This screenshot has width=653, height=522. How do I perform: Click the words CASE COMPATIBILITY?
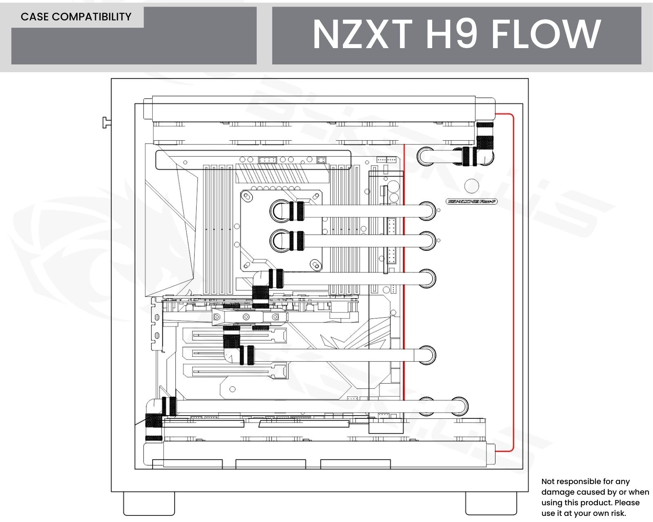tap(76, 17)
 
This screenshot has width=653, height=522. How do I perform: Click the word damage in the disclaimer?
tap(557, 492)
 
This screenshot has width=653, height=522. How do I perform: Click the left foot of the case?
tap(149, 503)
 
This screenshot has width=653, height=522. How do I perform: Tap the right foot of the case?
tap(491, 503)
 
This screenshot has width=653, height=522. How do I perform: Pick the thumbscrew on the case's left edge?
tap(106, 122)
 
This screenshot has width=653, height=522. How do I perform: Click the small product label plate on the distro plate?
tap(472, 201)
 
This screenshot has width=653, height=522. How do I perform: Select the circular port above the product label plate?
tap(472, 186)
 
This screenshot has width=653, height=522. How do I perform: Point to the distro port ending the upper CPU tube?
tap(426, 211)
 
